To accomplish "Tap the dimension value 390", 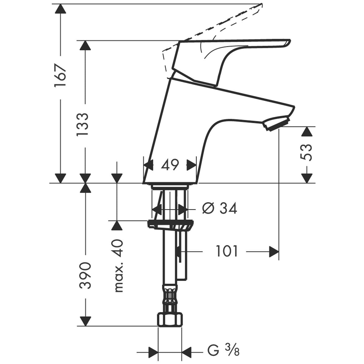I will [85, 275].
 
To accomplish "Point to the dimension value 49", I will [170, 165].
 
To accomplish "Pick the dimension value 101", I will [227, 251].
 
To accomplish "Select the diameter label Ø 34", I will [220, 208].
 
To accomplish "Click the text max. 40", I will [119, 266].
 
